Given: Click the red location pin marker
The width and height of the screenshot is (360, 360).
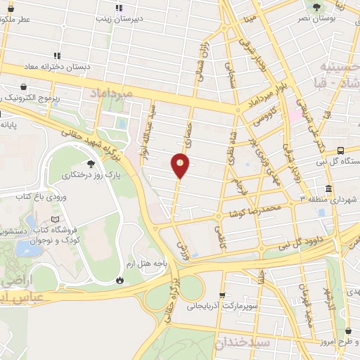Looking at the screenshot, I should coord(181,165).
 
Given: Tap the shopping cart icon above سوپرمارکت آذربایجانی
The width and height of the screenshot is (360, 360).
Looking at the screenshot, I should coord(222,295).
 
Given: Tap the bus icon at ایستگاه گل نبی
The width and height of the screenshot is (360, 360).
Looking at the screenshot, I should coord(341,150).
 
